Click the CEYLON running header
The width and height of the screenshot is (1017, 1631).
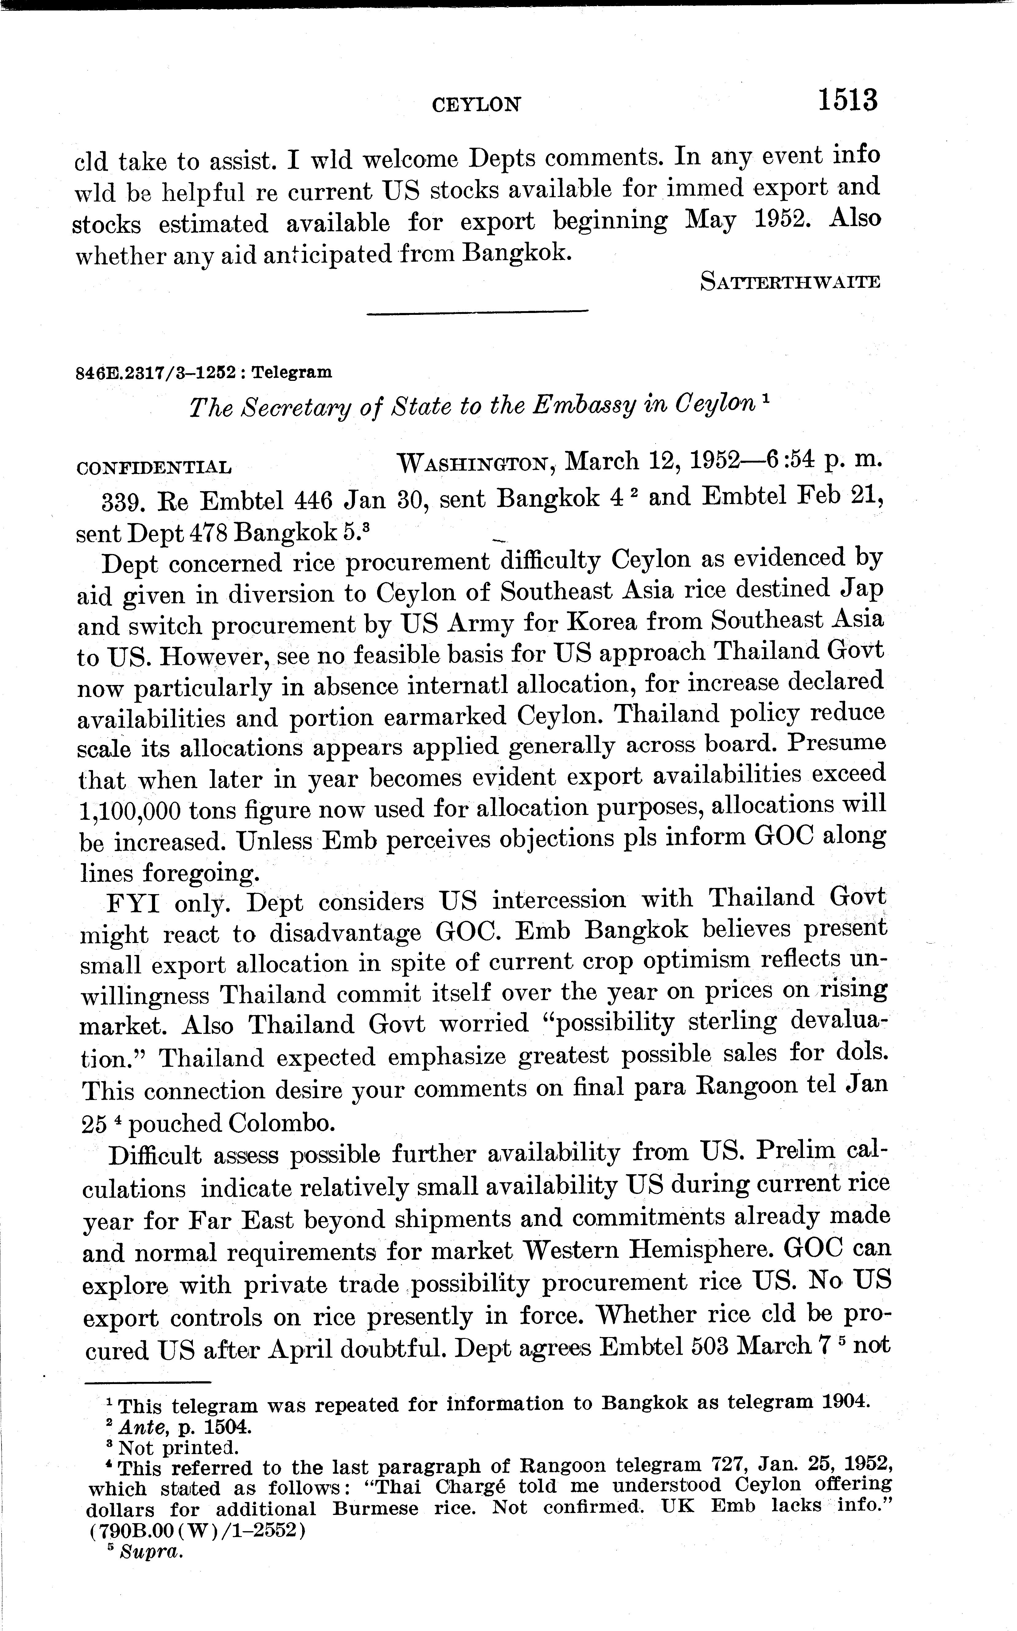[476, 104]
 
